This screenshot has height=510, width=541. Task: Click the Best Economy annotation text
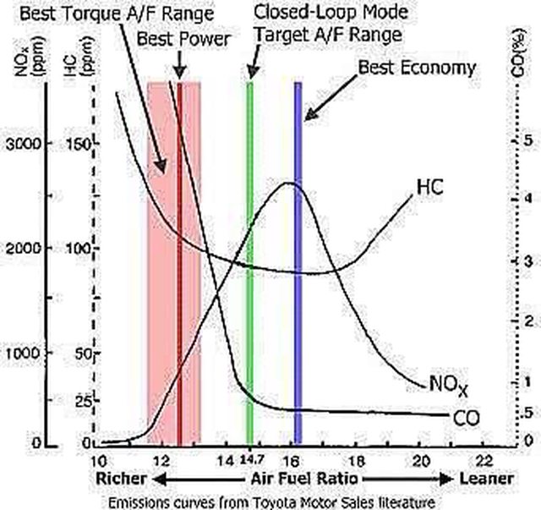pyautogui.click(x=417, y=67)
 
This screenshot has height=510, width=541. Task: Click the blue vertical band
pyautogui.click(x=298, y=254)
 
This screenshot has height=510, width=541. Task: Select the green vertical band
pyautogui.click(x=249, y=254)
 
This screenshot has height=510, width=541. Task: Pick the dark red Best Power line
pyautogui.click(x=179, y=254)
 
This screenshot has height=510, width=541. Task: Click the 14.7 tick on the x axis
pyautogui.click(x=249, y=461)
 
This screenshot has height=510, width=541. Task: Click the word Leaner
pyautogui.click(x=485, y=479)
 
